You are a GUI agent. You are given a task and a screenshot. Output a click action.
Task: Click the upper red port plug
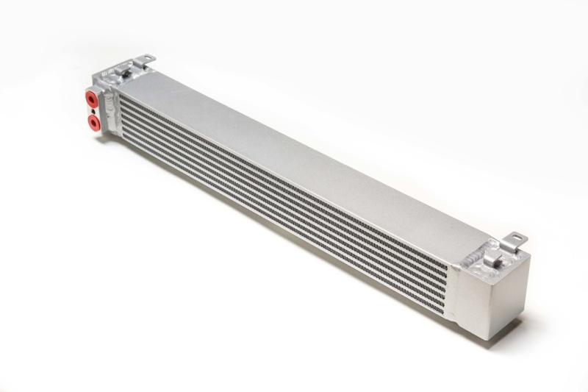coord(92,97)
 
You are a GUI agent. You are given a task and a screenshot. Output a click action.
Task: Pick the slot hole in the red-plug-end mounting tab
coord(146,57)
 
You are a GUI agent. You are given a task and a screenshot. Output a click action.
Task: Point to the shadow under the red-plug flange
coord(103,136)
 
